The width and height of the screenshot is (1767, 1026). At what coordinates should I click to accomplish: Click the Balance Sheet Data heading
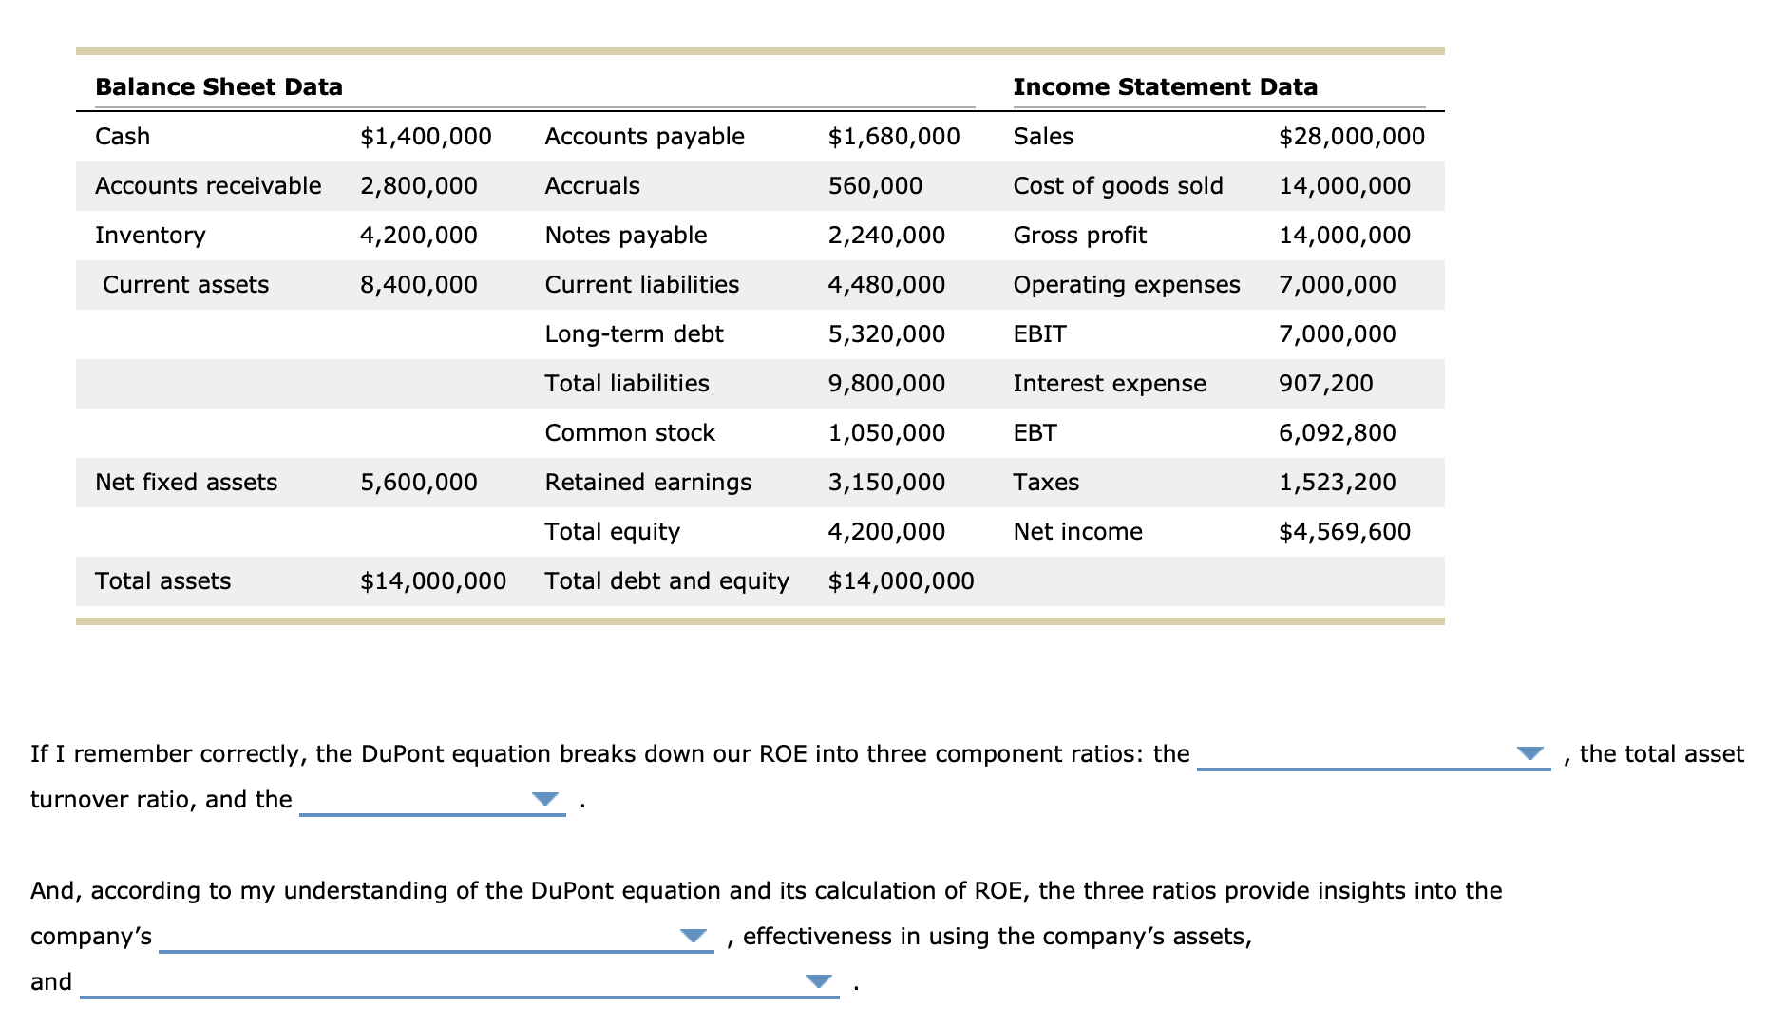click(x=218, y=87)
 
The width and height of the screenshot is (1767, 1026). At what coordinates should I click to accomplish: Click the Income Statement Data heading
click(x=1165, y=87)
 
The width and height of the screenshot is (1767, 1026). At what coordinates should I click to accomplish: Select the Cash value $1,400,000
click(x=426, y=137)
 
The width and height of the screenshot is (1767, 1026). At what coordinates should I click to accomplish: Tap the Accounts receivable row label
click(x=208, y=186)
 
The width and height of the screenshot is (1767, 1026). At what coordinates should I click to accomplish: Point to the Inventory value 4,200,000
click(x=418, y=236)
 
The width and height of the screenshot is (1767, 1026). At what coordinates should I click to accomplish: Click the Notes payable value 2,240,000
click(x=886, y=236)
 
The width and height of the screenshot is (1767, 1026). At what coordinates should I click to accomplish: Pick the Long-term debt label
click(x=634, y=334)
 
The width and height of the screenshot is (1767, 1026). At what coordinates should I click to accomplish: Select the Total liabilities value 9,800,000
click(x=886, y=384)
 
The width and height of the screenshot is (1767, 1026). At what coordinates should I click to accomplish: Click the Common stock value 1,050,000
click(x=886, y=433)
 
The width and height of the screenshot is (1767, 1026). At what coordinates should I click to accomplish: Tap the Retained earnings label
click(x=648, y=483)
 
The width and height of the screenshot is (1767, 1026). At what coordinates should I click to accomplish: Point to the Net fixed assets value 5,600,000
click(x=418, y=483)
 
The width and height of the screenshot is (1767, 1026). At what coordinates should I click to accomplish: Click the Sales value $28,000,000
click(x=1352, y=137)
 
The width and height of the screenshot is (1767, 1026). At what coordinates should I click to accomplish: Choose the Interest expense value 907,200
click(x=1325, y=384)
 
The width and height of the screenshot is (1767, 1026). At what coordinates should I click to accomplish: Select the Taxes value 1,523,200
click(x=1337, y=483)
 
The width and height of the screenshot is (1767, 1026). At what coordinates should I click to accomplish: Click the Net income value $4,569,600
click(x=1344, y=532)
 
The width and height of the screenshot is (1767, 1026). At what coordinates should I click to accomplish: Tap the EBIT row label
click(x=1039, y=334)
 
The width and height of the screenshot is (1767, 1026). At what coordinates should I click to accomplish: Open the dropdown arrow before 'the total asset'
click(x=1529, y=753)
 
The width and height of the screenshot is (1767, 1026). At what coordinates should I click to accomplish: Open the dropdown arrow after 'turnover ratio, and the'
click(x=545, y=799)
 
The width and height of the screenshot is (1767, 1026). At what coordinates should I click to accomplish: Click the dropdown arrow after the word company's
click(x=693, y=936)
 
